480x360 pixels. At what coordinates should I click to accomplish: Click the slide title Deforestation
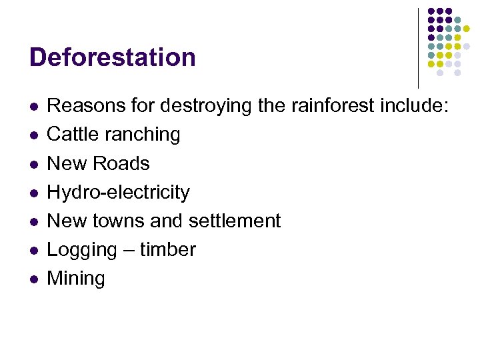[x=113, y=57]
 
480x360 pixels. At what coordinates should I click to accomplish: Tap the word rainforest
[x=330, y=105]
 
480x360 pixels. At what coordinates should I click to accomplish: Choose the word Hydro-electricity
[x=119, y=193]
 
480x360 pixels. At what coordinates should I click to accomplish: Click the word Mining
[x=76, y=279]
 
